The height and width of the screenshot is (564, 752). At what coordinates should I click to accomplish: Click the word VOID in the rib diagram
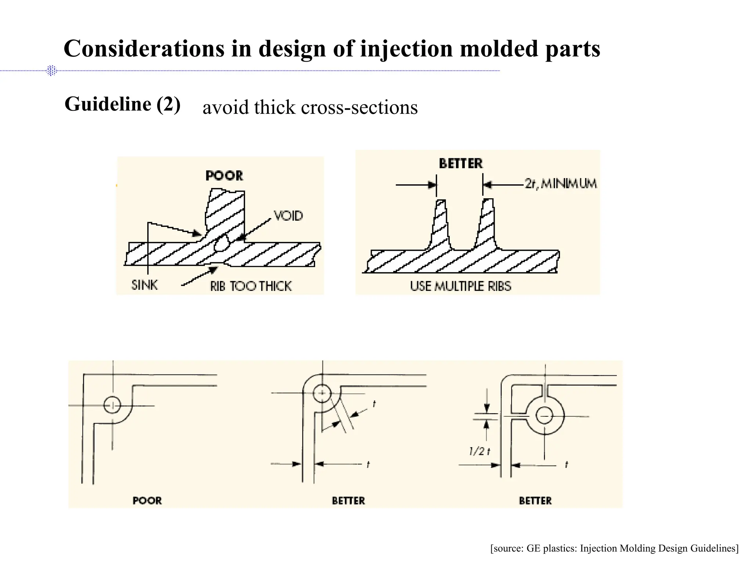288,216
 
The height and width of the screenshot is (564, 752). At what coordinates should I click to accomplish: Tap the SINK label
145,285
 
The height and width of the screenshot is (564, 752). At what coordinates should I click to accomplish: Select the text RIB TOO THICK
251,286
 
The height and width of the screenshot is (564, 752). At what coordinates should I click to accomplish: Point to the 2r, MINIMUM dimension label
560,183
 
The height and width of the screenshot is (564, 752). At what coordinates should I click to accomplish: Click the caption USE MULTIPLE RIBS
460,286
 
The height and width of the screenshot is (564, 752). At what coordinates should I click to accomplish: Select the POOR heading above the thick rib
224,176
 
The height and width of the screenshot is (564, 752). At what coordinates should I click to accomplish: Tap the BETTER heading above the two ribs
461,163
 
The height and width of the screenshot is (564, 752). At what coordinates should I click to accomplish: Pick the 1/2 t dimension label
480,451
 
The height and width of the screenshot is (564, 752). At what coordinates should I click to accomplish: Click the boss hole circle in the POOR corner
112,405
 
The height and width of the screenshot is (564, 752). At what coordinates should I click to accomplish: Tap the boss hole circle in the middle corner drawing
322,393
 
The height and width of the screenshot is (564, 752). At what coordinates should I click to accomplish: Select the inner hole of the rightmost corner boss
544,416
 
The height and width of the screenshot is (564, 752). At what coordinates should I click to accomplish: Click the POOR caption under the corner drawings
147,500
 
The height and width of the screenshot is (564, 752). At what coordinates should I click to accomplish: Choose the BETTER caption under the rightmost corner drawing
535,500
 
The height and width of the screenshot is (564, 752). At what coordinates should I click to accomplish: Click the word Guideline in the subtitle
108,104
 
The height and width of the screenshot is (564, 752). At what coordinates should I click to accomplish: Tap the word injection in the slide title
406,49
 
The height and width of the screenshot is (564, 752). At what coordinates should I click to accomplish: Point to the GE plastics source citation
614,548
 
